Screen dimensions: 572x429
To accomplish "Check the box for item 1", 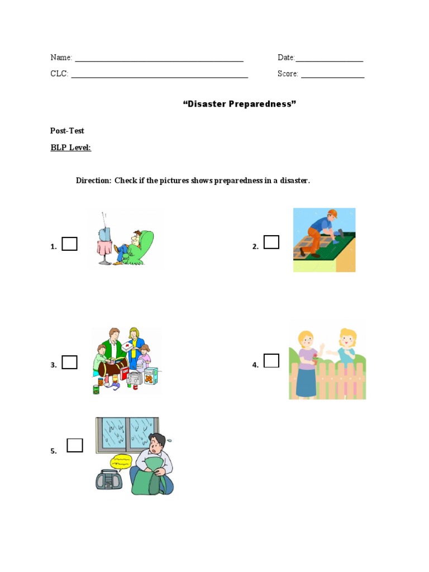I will [69, 244].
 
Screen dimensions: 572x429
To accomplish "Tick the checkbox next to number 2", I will [271, 242].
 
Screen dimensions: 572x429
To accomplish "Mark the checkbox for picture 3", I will [69, 363].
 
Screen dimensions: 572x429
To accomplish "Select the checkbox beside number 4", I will [271, 361].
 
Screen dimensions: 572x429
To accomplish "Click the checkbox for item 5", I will [75, 445].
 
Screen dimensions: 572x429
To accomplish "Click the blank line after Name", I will [159, 58].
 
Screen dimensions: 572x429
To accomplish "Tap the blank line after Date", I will [329, 58].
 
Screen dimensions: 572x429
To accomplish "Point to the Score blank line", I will [332, 74].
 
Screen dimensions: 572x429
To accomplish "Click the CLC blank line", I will [159, 74].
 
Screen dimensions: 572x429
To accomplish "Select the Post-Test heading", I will [67, 131].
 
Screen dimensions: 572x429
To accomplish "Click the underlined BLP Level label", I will [70, 147].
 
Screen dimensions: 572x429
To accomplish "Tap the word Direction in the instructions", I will [93, 180].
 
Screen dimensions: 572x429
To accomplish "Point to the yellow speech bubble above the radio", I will [121, 461].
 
